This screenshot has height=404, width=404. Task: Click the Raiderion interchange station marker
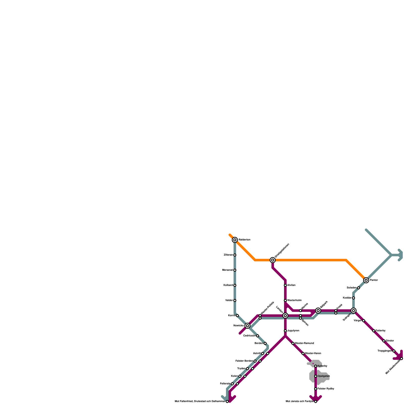(x=235, y=240)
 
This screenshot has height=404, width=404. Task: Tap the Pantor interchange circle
(x=366, y=280)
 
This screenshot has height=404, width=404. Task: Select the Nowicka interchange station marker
(x=247, y=326)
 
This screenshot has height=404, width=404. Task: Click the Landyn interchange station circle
(x=285, y=316)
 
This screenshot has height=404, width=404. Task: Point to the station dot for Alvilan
(x=285, y=285)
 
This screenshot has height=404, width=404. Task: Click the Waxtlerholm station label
(x=294, y=300)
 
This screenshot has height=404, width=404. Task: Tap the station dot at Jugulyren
(x=285, y=331)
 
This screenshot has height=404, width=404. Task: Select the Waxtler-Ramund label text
(x=304, y=343)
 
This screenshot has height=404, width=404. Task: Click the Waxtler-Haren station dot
(x=303, y=353)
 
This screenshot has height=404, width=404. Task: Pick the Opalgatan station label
(x=324, y=376)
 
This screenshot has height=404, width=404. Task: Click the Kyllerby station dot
(x=316, y=366)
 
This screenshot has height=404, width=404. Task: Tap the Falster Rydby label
(x=326, y=389)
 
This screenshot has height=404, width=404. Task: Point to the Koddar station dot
(x=353, y=298)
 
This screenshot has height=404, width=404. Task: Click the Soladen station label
(x=352, y=288)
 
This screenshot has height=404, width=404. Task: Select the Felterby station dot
(x=374, y=331)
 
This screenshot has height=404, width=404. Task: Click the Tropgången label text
(x=385, y=351)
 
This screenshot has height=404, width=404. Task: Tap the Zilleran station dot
(x=235, y=255)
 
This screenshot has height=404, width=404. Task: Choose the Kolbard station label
(x=228, y=285)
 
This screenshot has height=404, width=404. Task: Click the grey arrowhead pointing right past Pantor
(x=400, y=255)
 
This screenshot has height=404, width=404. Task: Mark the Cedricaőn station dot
(x=258, y=336)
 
